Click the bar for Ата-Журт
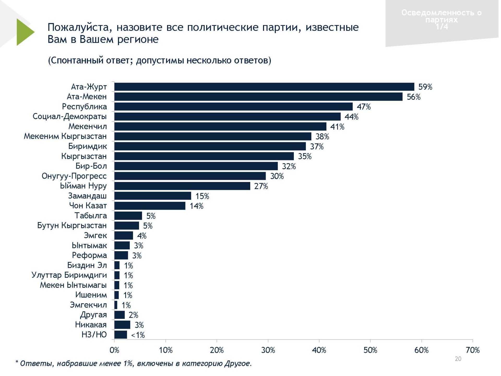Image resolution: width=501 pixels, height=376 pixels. pos(264,87)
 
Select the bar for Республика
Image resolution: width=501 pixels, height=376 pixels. pos(233,107)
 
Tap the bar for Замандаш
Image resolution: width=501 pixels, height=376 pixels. pos(153,196)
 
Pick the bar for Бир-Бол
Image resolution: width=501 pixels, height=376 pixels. pos(196,166)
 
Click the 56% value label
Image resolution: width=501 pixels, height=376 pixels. pos(414,97)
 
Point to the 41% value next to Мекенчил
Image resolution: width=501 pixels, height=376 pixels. pos(337,127)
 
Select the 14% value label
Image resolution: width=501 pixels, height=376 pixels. pos(196,206)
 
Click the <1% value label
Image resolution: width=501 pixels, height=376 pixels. pos(138,335)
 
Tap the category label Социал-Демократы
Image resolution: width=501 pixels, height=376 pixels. pos(70,116)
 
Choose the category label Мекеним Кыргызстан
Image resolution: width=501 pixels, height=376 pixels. pos(65,136)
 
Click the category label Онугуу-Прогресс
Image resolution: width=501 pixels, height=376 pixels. pos(74,176)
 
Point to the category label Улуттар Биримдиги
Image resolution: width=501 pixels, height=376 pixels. pos(69,275)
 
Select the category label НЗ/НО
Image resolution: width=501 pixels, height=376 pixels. pos(94,335)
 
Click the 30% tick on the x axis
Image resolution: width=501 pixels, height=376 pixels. pos(268,350)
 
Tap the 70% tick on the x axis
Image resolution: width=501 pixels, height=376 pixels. pos(473,350)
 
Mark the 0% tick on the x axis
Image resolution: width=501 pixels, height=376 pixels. pos(114,350)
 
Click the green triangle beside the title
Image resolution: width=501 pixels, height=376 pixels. pos(24,32)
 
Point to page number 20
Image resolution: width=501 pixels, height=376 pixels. pos(458,359)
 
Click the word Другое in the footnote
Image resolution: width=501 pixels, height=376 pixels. pos(238,363)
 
